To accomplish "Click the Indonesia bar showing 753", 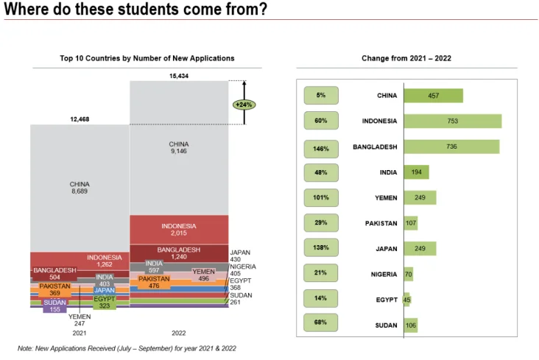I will pyautogui.click(x=452, y=121).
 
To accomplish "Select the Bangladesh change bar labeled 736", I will pyautogui.click(x=451, y=147).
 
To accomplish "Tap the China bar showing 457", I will pyautogui.click(x=433, y=96).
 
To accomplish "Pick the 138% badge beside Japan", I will pyautogui.click(x=321, y=248).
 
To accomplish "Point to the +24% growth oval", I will pyautogui.click(x=243, y=105).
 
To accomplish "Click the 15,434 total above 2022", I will pyautogui.click(x=178, y=76).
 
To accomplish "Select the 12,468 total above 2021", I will pyautogui.click(x=80, y=119).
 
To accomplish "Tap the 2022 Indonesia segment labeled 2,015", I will pyautogui.click(x=178, y=229).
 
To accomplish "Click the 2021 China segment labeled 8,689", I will pyautogui.click(x=80, y=188).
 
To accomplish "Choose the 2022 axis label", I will pyautogui.click(x=178, y=333).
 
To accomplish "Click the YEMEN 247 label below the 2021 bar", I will pyautogui.click(x=79, y=320).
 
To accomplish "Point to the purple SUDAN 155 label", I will pyautogui.click(x=54, y=306).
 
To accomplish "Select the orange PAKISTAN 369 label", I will pyautogui.click(x=55, y=289).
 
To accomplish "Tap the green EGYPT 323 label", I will pyautogui.click(x=105, y=302).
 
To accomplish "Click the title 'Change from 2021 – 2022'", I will pyautogui.click(x=406, y=57).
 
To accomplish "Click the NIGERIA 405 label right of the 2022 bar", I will pyautogui.click(x=242, y=269).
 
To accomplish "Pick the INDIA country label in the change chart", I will pyautogui.click(x=386, y=172).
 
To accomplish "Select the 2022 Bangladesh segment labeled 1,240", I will pyautogui.click(x=178, y=253).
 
